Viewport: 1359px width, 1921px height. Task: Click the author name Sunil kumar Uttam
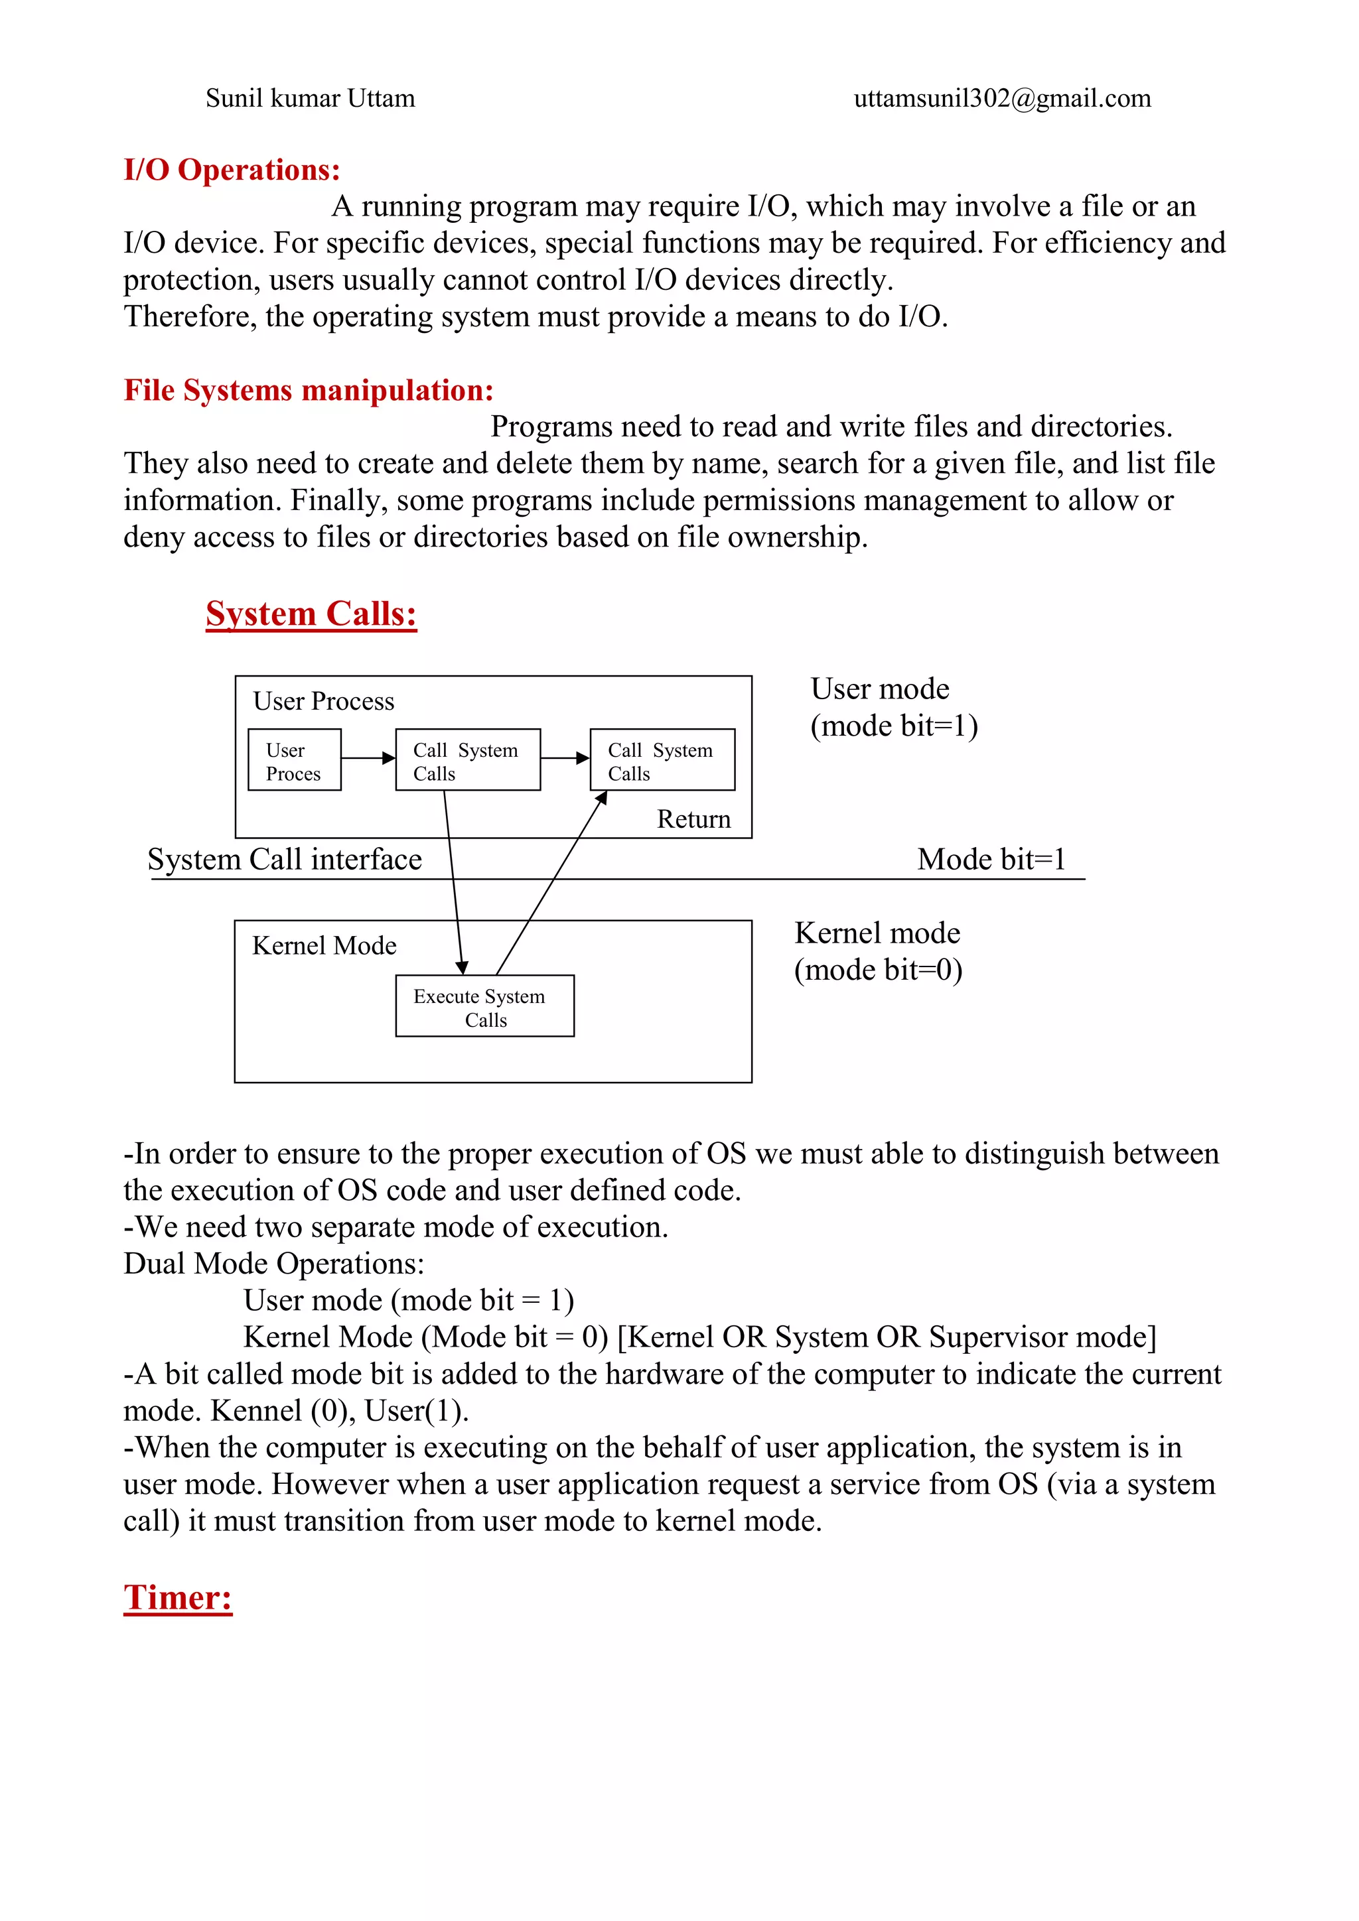coord(310,99)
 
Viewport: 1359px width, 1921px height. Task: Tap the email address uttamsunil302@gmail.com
coord(1002,99)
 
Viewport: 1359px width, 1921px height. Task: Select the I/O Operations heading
coord(232,170)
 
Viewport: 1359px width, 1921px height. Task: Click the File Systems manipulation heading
coord(308,391)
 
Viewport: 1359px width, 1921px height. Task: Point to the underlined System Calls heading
coord(311,614)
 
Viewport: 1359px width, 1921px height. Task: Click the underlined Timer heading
coord(177,1597)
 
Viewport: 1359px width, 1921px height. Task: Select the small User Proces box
coord(294,760)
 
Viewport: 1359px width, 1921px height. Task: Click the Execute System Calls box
coord(484,1006)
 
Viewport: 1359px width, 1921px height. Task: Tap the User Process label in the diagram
coord(323,701)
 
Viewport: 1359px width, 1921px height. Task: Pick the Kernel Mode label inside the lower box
coord(324,945)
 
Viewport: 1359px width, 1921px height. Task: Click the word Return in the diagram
coord(693,819)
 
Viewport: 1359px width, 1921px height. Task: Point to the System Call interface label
coord(285,859)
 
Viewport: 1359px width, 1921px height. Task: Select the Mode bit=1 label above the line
coord(991,859)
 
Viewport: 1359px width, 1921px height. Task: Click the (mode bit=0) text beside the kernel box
coord(878,970)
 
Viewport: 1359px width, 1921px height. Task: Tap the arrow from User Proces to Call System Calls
coord(368,758)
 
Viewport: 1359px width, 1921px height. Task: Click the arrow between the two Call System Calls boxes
coord(565,758)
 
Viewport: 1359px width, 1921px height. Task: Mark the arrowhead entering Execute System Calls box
coord(461,968)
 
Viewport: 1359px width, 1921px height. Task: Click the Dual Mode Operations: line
coord(273,1264)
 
